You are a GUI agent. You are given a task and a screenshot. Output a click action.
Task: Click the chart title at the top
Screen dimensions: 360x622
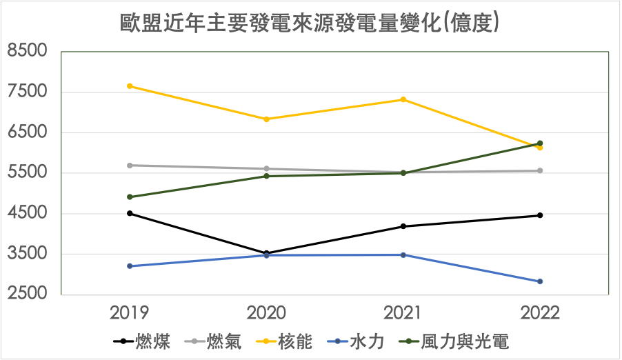pyautogui.click(x=310, y=23)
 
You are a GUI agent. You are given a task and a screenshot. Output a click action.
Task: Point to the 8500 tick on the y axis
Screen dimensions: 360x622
pyautogui.click(x=28, y=52)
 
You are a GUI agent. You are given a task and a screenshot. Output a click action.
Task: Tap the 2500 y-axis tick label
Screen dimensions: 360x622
pyautogui.click(x=28, y=294)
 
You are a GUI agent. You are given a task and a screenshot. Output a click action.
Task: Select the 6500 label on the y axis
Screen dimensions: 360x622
pyautogui.click(x=28, y=132)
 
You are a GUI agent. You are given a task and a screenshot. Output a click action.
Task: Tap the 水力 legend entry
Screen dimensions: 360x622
pyautogui.click(x=366, y=341)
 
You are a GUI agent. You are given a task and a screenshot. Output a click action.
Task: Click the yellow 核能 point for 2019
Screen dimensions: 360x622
pyautogui.click(x=130, y=86)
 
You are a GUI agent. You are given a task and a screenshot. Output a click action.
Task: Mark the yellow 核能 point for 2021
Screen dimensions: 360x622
pyautogui.click(x=403, y=99)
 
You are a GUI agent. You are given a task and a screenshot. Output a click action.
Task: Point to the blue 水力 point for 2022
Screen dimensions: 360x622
pyautogui.click(x=540, y=281)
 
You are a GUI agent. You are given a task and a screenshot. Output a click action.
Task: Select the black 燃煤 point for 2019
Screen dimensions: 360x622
pyautogui.click(x=130, y=213)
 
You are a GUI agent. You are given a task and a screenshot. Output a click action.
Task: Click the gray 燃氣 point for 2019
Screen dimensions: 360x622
pyautogui.click(x=130, y=166)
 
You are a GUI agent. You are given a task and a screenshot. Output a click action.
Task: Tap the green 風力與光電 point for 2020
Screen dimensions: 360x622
pyautogui.click(x=266, y=176)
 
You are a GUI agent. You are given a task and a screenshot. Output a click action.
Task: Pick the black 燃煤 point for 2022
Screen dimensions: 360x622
pyautogui.click(x=540, y=215)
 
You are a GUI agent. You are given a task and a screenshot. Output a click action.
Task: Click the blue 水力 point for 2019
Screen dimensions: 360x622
pyautogui.click(x=130, y=266)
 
